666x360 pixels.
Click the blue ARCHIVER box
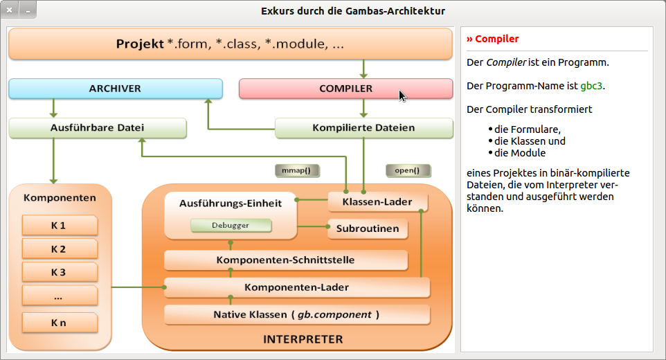tap(115, 89)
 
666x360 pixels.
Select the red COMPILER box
tap(345, 89)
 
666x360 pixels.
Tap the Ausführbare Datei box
tap(98, 128)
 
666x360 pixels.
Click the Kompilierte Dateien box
tap(363, 128)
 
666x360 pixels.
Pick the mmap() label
tap(297, 170)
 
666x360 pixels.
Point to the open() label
tap(408, 170)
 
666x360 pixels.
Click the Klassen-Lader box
tap(377, 202)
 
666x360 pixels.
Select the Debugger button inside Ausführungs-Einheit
tap(231, 226)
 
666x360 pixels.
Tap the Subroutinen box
tap(367, 228)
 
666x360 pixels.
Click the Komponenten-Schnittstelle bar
tap(285, 260)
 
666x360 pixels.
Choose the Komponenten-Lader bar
tap(296, 287)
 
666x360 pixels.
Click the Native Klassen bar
tap(296, 314)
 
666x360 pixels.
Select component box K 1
tap(59, 226)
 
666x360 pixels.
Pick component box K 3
tap(59, 272)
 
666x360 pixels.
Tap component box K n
tap(59, 323)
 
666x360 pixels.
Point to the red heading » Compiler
tap(493, 39)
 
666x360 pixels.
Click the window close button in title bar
tap(10, 10)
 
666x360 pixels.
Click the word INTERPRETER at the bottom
tap(303, 339)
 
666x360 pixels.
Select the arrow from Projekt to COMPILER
tap(363, 69)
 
